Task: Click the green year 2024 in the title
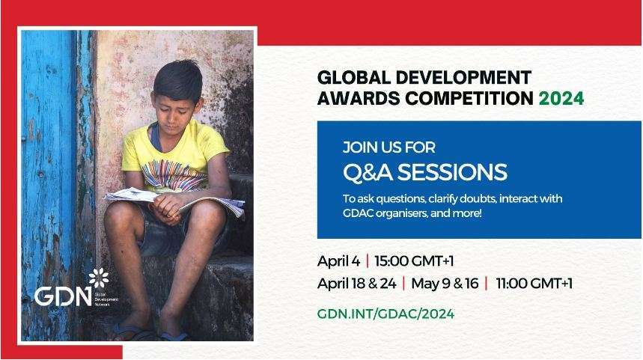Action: (x=561, y=98)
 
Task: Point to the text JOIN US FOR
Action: (x=388, y=147)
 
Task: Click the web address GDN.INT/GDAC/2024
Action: (x=386, y=314)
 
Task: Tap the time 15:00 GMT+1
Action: (x=414, y=260)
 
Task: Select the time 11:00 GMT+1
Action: (x=534, y=284)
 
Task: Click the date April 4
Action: (x=339, y=261)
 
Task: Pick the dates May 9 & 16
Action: (x=445, y=284)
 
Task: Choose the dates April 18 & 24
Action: (x=357, y=284)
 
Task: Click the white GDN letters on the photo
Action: (x=63, y=296)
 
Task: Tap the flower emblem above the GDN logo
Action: (x=99, y=278)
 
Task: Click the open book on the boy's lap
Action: (x=174, y=201)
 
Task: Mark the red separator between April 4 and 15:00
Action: (x=367, y=260)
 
